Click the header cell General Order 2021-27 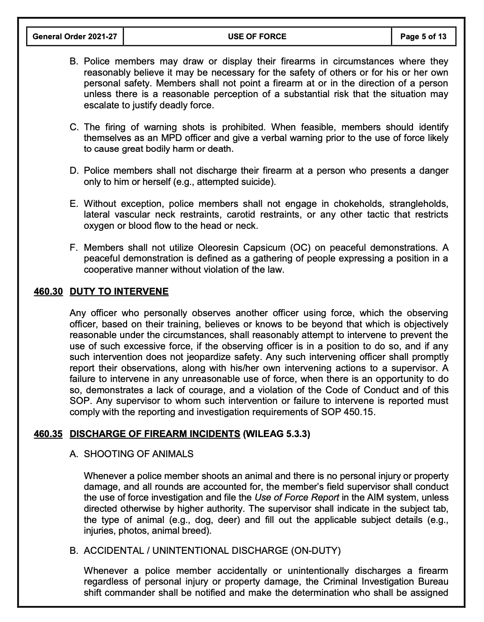(x=75, y=36)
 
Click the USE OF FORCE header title (x=257, y=36)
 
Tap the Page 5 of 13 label (x=423, y=36)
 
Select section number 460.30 (x=48, y=292)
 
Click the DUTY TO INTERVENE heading (x=119, y=292)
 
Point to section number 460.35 (x=48, y=434)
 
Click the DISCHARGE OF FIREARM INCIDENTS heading (x=155, y=434)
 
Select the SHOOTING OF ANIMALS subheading (x=138, y=454)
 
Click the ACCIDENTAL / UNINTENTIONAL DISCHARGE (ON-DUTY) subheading (x=212, y=551)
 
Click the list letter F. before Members (x=74, y=247)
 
